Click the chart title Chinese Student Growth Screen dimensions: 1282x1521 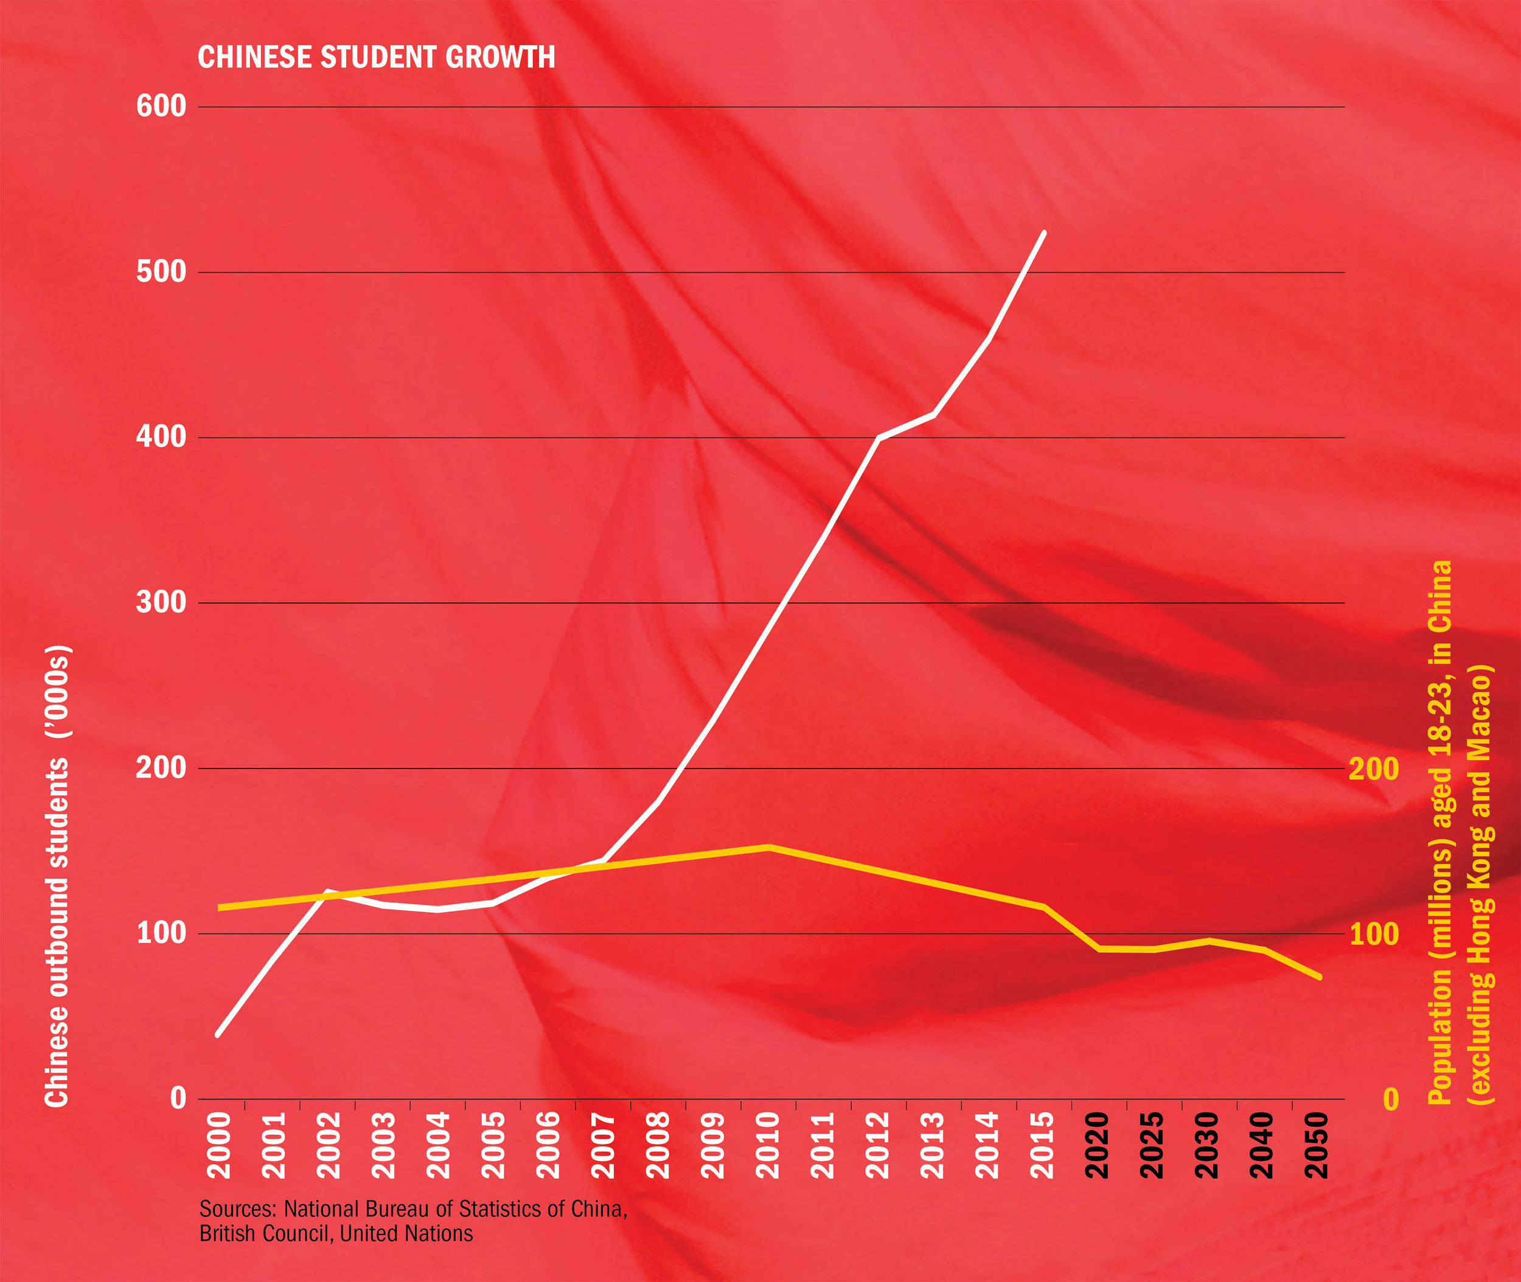376,57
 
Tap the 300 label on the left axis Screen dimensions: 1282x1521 161,602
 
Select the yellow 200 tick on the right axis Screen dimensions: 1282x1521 1374,769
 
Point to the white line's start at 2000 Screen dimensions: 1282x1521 217,1035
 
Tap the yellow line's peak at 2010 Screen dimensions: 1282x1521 768,847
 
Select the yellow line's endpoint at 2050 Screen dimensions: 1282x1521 1319,978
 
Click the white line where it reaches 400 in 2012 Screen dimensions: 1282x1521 879,438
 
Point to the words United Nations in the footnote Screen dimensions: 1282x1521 406,1233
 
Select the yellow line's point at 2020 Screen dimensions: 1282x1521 1099,949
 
